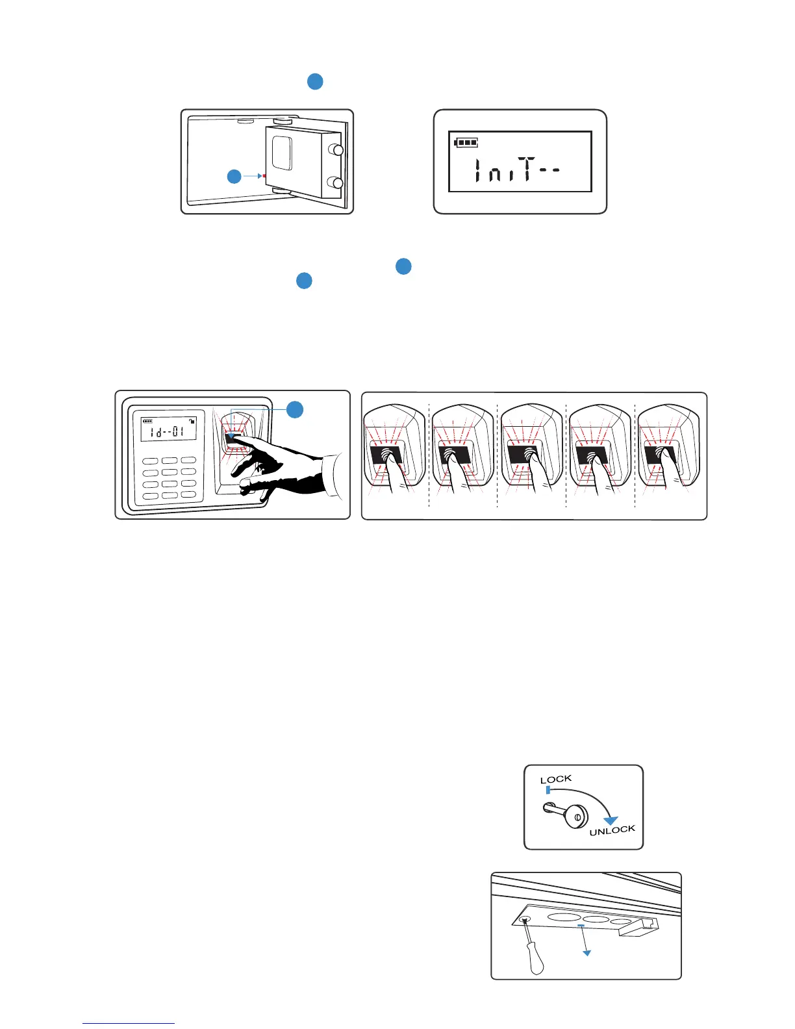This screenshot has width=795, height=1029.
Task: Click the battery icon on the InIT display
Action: point(466,142)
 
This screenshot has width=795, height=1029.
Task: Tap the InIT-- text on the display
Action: point(517,170)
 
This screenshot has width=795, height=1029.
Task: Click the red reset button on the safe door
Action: point(264,175)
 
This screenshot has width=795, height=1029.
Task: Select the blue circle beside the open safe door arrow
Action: point(234,176)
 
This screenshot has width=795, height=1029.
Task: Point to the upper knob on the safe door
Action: point(337,150)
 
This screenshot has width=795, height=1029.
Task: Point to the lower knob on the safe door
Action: point(337,183)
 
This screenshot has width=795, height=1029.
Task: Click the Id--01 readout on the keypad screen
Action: point(169,431)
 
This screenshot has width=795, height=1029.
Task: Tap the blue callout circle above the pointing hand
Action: point(295,409)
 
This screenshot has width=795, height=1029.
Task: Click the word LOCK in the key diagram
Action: point(556,779)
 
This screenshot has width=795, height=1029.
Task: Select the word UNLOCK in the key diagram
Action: point(612,830)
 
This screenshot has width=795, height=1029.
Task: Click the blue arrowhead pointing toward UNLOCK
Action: point(611,820)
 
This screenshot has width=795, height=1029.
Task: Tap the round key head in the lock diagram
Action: point(575,816)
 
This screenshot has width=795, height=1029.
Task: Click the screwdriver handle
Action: point(536,960)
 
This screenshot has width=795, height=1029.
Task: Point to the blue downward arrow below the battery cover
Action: point(587,952)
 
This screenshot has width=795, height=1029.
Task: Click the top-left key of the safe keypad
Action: point(150,461)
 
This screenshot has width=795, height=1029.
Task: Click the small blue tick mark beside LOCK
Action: point(548,790)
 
